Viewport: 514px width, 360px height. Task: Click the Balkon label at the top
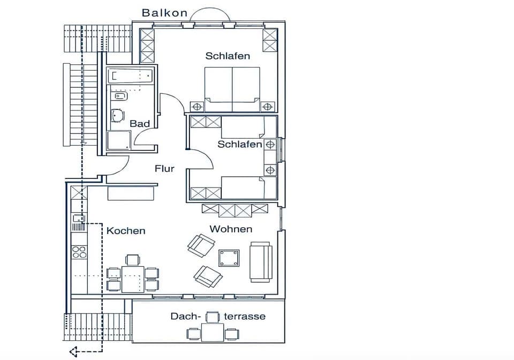point(164,12)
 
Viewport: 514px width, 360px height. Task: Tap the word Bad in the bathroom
point(140,124)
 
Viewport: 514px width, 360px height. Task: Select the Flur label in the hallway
point(164,168)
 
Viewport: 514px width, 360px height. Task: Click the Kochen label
point(126,231)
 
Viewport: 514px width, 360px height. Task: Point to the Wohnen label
point(231,229)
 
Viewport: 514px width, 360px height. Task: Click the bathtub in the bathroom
point(130,76)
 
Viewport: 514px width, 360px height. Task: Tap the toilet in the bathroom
point(117,115)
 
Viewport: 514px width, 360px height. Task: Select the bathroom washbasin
point(119,97)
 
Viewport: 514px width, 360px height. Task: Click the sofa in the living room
point(261,262)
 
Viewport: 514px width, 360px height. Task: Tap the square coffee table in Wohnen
point(229,258)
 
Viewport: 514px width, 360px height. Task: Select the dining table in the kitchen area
point(132,279)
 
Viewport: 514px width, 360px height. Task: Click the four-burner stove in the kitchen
point(79,252)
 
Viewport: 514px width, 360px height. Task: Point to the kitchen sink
point(79,218)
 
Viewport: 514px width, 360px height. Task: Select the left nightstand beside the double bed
point(196,106)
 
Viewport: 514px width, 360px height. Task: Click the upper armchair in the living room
point(201,245)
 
